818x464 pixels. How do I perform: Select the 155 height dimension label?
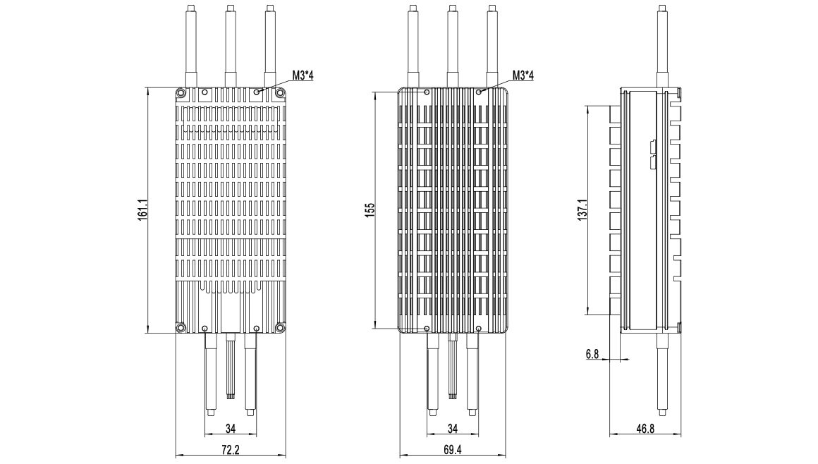pos(370,210)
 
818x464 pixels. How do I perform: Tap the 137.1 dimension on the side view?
pos(582,209)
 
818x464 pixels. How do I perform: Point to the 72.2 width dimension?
pos(231,449)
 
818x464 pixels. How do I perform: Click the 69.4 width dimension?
pos(452,449)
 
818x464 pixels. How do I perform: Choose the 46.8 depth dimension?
pos(645,429)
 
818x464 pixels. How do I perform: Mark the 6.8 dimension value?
pos(592,355)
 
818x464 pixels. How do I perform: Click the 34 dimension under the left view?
pos(231,429)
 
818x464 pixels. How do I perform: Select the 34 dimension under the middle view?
pos(452,429)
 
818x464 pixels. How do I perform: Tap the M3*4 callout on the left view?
pos(303,75)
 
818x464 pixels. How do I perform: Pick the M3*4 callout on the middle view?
pos(523,75)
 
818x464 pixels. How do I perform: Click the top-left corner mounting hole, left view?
pos(181,93)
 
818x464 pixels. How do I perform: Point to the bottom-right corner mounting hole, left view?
pos(281,327)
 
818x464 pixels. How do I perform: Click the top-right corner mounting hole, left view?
pos(281,93)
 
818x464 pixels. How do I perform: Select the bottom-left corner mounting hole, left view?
pos(181,327)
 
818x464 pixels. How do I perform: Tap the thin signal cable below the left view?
pos(230,366)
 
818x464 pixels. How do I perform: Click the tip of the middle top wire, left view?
pos(230,7)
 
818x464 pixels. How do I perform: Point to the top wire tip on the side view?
pos(662,7)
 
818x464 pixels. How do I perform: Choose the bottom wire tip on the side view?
pos(663,413)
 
